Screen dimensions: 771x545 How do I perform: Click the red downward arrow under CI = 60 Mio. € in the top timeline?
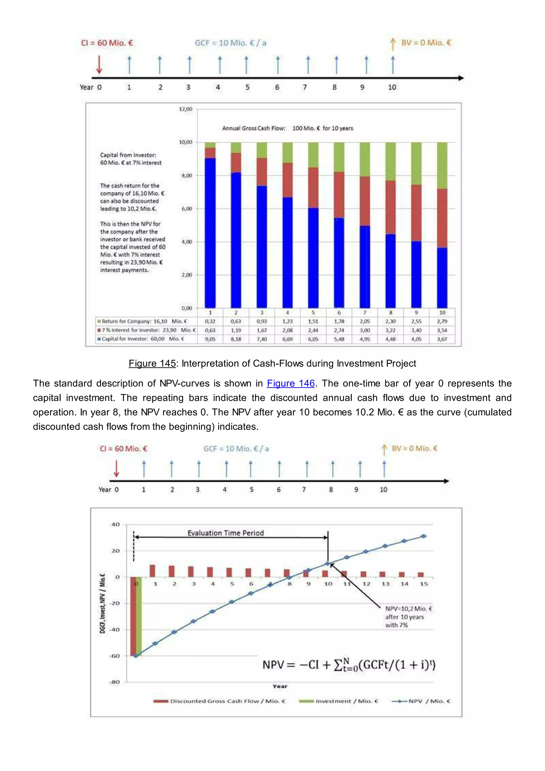tap(99, 64)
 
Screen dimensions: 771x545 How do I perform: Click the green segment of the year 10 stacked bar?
tap(442, 165)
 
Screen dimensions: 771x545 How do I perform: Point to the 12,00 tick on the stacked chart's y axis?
tap(185, 109)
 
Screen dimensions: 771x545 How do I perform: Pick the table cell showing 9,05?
tap(210, 339)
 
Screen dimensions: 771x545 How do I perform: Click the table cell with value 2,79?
tap(442, 321)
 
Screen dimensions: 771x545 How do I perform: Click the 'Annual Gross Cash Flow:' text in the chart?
tap(254, 128)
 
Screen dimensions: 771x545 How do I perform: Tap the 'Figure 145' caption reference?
tap(152, 363)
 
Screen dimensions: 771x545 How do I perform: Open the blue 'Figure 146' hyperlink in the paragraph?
tap(291, 383)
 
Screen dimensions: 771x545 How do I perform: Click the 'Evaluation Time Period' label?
tap(225, 533)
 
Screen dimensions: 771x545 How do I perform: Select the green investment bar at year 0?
tap(139, 617)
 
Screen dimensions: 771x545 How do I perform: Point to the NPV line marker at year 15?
tap(423, 536)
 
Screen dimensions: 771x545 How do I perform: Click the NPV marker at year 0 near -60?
tap(135, 656)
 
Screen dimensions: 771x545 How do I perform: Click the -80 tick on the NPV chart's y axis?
tap(114, 682)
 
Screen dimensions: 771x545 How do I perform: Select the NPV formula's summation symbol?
tap(338, 665)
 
